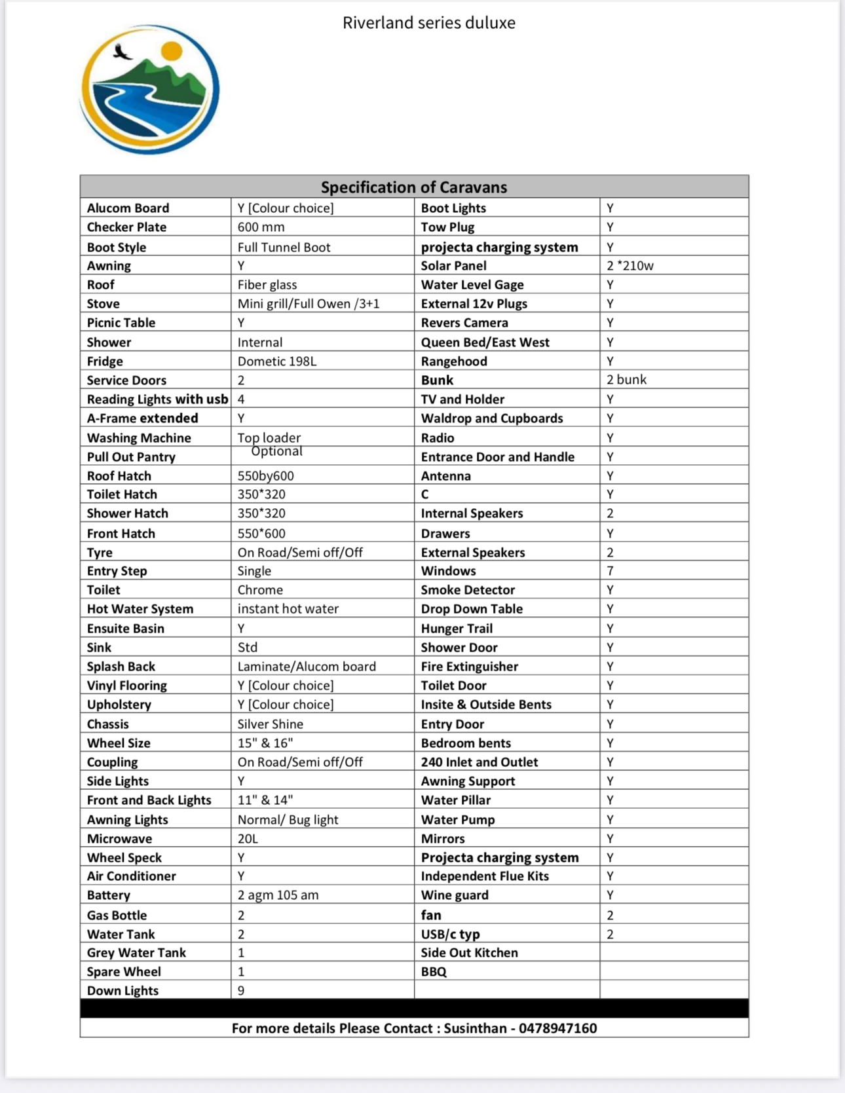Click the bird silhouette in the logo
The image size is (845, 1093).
tap(121, 52)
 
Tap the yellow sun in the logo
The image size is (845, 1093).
tap(172, 50)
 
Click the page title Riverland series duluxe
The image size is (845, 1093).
tap(429, 23)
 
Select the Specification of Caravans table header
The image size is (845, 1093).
tap(414, 187)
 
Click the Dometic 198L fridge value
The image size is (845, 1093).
tap(276, 361)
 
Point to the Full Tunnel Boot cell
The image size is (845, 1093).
tap(284, 248)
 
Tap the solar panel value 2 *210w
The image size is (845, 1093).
tap(629, 266)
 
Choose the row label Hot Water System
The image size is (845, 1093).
tap(140, 609)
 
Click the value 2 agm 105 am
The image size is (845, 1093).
tap(278, 895)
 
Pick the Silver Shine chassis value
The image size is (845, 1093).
tap(270, 724)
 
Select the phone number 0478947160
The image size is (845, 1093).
tap(557, 1028)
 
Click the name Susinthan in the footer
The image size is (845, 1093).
tap(475, 1028)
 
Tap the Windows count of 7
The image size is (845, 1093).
tap(610, 571)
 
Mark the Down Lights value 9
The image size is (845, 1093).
tap(241, 991)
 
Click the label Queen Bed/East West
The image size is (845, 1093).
tap(485, 343)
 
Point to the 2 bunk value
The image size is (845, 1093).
tap(626, 380)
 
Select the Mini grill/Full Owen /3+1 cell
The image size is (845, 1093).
tap(309, 304)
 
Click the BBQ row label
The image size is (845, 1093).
tap(434, 972)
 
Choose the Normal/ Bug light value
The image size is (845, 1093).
tap(288, 820)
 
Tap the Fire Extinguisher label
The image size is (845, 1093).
tap(469, 667)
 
